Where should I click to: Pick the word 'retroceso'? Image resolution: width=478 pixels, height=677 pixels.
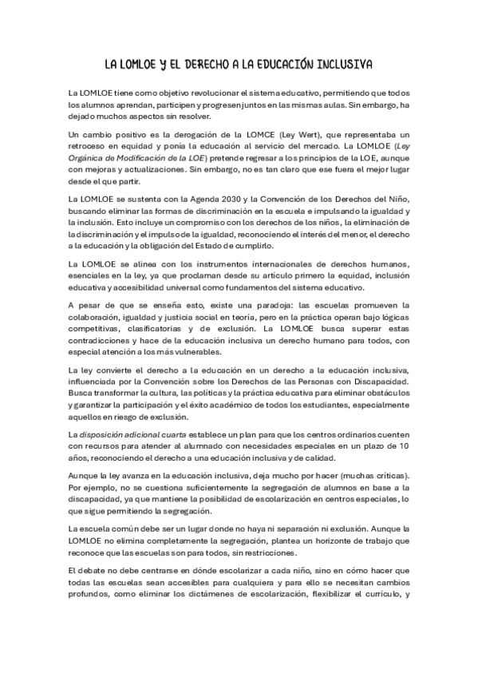click(x=90, y=148)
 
